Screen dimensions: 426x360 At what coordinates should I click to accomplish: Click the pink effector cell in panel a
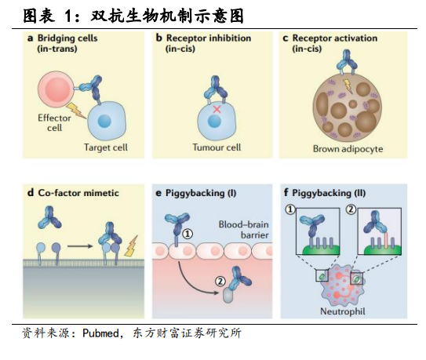(56, 89)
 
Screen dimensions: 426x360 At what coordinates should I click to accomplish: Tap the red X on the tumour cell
(217, 109)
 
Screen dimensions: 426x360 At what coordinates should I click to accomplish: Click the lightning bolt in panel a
(76, 111)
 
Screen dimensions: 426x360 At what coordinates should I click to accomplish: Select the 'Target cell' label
(106, 147)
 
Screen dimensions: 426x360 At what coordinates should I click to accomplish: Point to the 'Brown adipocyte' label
(348, 149)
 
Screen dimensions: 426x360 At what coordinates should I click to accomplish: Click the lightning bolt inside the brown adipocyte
(348, 85)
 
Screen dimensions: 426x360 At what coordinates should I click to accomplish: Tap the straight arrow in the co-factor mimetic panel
(80, 246)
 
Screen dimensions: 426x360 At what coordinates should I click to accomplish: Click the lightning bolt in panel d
(131, 246)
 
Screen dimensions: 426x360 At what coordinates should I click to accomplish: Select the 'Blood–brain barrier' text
(244, 230)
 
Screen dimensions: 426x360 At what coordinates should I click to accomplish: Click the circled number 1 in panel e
(188, 234)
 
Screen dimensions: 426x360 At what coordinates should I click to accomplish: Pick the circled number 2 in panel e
(220, 282)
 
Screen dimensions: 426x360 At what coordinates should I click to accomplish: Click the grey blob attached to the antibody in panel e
(228, 296)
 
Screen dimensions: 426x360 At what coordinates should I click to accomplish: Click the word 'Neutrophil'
(343, 311)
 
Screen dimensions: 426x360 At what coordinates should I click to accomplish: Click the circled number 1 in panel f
(290, 209)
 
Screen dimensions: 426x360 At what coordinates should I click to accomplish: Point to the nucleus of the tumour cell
(214, 121)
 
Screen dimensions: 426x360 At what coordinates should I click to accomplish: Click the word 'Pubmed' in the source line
(100, 333)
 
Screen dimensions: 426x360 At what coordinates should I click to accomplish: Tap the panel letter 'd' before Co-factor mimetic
(30, 193)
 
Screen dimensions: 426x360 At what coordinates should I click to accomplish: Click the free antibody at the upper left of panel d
(49, 217)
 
